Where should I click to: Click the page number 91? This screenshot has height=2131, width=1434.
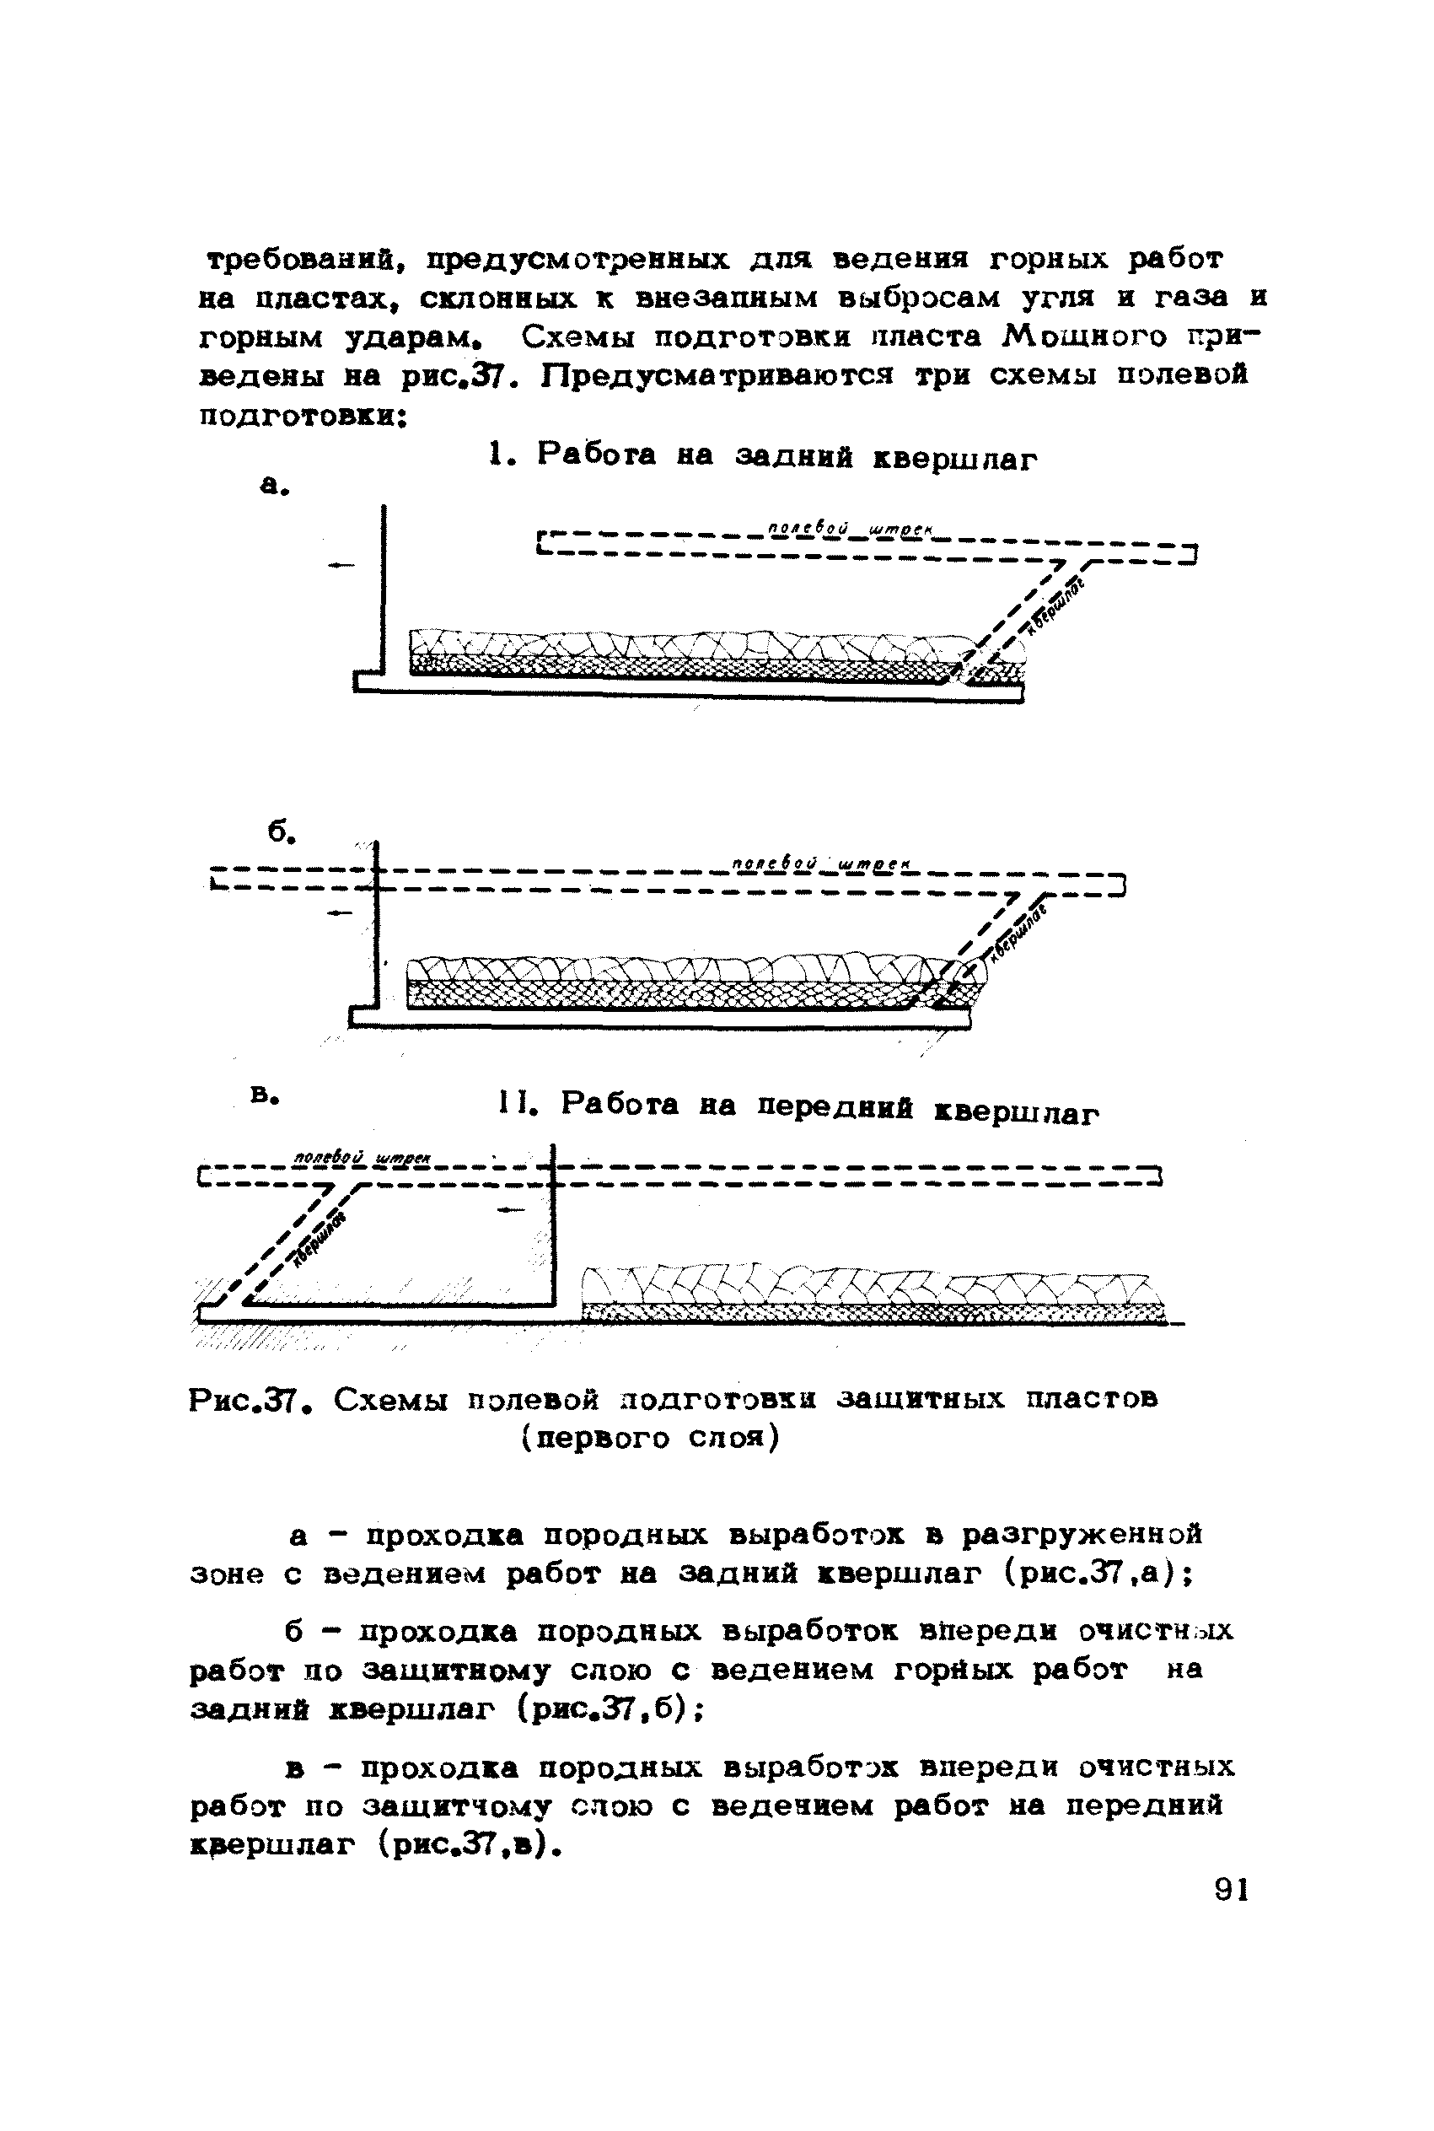coord(1231,1891)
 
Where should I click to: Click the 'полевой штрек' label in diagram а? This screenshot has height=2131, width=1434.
coord(850,528)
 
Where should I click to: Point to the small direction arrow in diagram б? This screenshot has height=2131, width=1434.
coord(339,912)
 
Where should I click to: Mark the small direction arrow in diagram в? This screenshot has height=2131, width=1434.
coord(510,1210)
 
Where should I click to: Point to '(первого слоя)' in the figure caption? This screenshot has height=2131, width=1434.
coord(650,1439)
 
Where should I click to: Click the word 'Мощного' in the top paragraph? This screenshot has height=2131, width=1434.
coord(1086,337)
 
